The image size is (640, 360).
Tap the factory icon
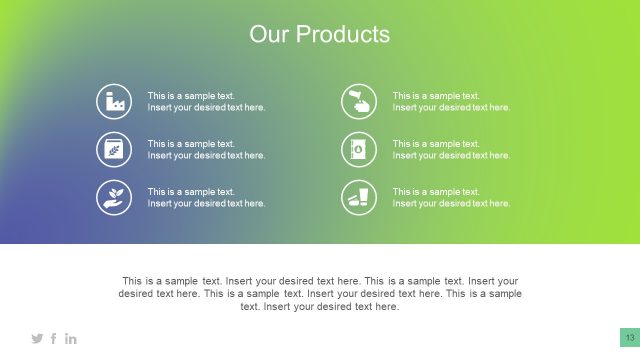(x=114, y=101)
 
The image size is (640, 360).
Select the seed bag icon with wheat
(x=114, y=149)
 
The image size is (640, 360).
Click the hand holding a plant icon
(x=114, y=197)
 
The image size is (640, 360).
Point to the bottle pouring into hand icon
(x=359, y=101)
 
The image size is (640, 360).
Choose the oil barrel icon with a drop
(x=359, y=149)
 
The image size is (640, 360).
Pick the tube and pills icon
(x=359, y=197)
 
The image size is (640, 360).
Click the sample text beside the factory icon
(x=206, y=101)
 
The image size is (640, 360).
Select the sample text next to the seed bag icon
(x=206, y=149)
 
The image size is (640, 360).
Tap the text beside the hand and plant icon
(x=206, y=197)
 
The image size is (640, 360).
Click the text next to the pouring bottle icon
(x=451, y=101)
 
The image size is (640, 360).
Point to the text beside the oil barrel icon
(x=451, y=149)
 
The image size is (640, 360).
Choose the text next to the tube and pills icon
(x=451, y=197)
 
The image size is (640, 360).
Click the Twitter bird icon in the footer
(x=38, y=339)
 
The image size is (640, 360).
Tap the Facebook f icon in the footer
(x=54, y=339)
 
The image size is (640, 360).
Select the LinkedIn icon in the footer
(x=71, y=339)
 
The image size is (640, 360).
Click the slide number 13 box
(x=630, y=337)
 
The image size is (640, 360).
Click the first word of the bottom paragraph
(x=132, y=281)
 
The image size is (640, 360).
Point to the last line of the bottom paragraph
(x=320, y=307)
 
